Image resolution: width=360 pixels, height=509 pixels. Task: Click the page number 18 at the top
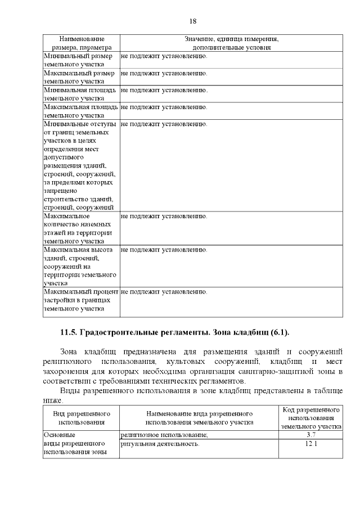(x=192, y=21)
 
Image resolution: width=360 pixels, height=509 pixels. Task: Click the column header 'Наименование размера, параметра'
(x=82, y=43)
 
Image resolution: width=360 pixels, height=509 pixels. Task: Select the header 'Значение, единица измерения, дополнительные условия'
(x=231, y=43)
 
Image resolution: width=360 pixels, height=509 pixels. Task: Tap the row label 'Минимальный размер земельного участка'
(x=80, y=60)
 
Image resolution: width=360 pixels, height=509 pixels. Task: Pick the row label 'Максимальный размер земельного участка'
(x=80, y=77)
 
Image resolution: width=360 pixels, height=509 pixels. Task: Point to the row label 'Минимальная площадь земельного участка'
(x=80, y=94)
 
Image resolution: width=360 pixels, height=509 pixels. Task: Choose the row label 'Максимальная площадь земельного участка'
(x=80, y=111)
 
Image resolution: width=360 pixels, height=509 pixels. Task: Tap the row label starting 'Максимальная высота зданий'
(x=80, y=267)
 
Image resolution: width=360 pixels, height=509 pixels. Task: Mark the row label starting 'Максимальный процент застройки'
(x=80, y=300)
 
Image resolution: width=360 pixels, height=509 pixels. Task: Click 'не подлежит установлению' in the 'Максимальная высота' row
(x=164, y=250)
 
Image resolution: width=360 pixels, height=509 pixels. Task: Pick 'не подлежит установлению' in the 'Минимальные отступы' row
(x=164, y=124)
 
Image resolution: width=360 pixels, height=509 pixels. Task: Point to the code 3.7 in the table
(x=311, y=435)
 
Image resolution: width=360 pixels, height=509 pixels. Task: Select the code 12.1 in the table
(x=311, y=444)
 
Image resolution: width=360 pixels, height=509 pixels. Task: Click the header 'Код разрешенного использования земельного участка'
(x=311, y=418)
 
